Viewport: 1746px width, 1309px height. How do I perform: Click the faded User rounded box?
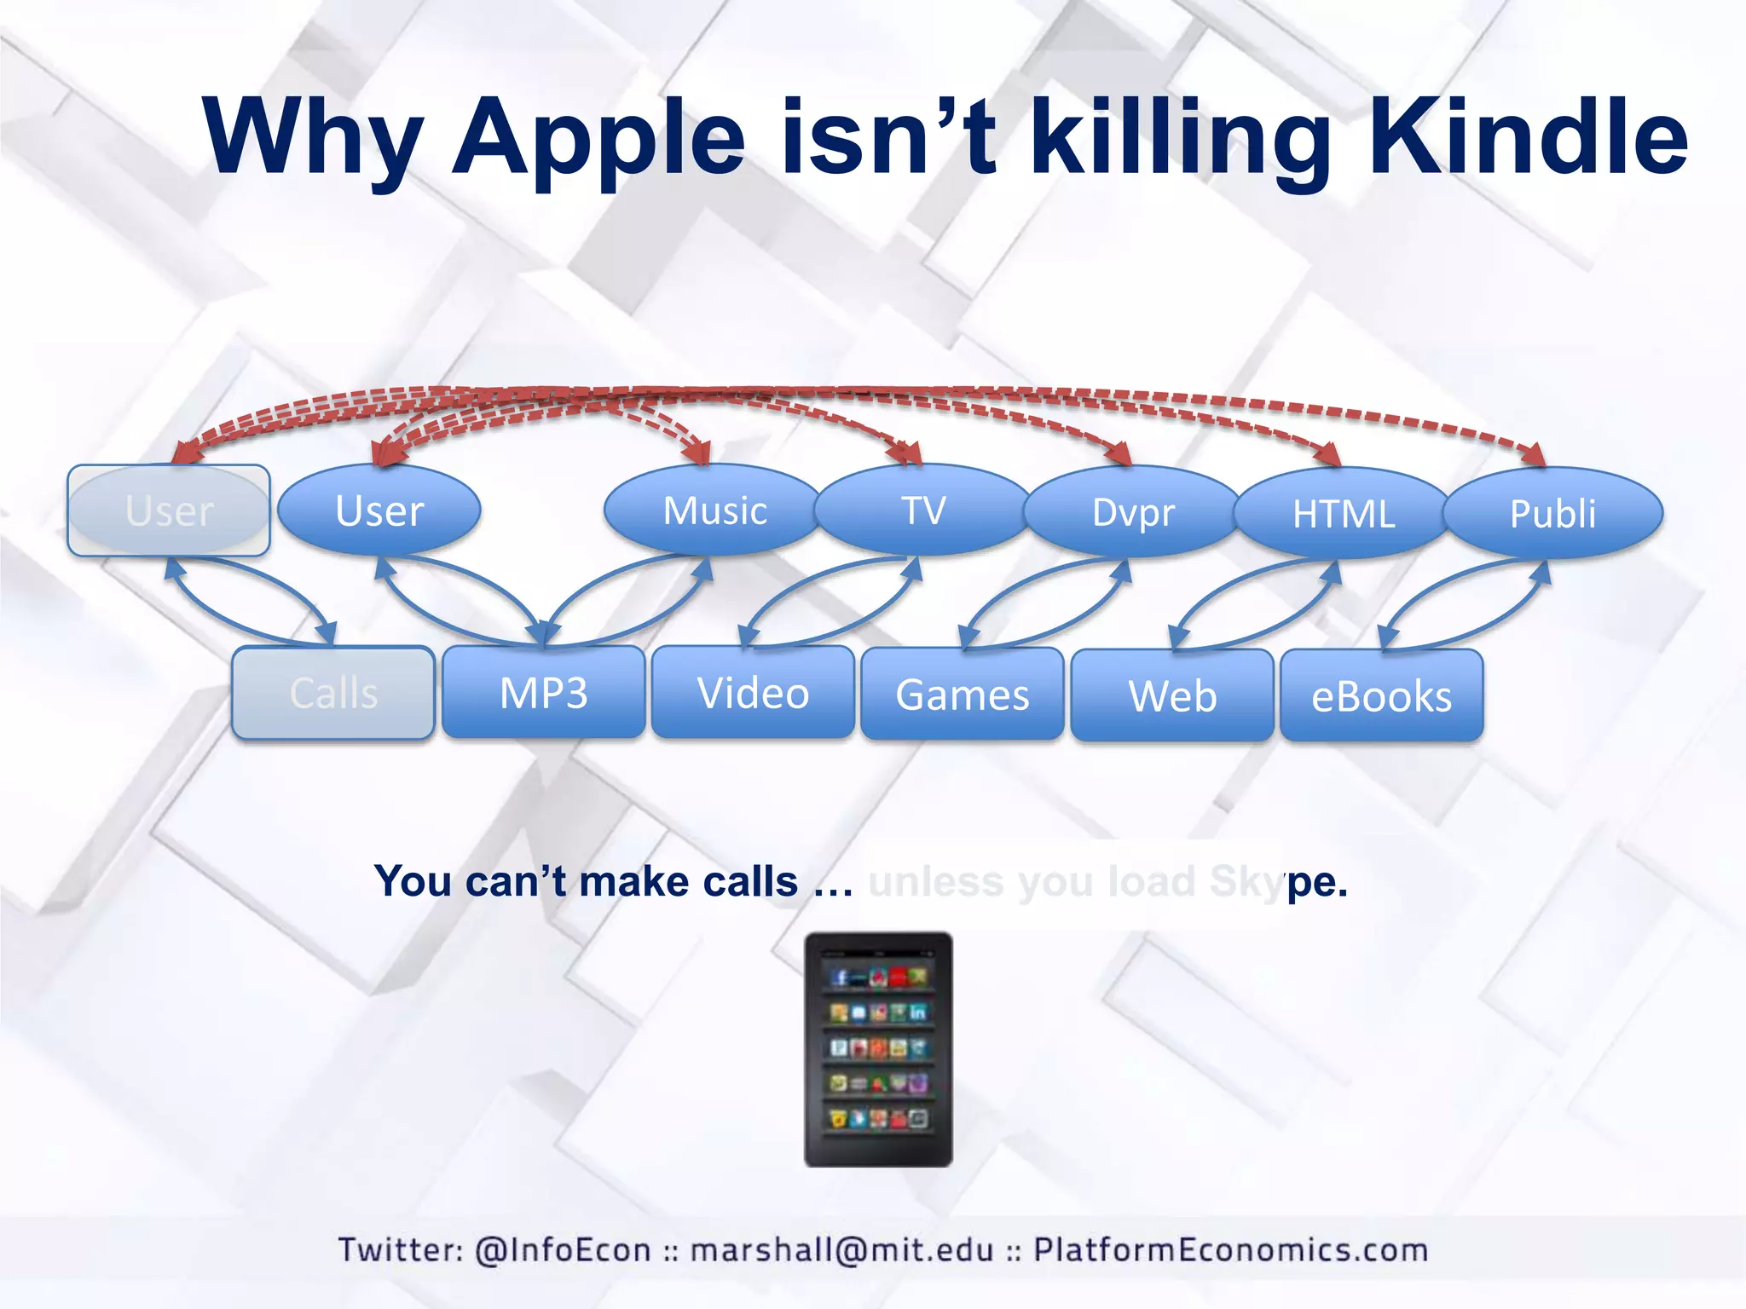pyautogui.click(x=169, y=510)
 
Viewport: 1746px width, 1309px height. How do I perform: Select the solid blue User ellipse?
pyautogui.click(x=379, y=510)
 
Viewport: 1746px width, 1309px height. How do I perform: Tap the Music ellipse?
pyautogui.click(x=714, y=510)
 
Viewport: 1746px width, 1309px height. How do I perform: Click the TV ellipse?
pyautogui.click(x=923, y=510)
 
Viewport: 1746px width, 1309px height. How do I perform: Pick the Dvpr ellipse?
pyautogui.click(x=1133, y=512)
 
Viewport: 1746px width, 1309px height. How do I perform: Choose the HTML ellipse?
pyautogui.click(x=1343, y=513)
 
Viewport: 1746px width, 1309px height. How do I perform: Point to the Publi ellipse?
pyautogui.click(x=1552, y=513)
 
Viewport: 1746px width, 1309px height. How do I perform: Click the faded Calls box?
pyautogui.click(x=333, y=692)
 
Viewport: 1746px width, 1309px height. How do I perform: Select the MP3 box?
pyautogui.click(x=543, y=692)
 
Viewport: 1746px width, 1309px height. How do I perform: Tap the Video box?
pyautogui.click(x=753, y=692)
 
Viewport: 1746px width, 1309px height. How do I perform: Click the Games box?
pyautogui.click(x=963, y=694)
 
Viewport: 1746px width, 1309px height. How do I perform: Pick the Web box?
pyautogui.click(x=1172, y=695)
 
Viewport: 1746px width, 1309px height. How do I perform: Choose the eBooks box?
pyautogui.click(x=1381, y=695)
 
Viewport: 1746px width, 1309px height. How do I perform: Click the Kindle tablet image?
pyautogui.click(x=878, y=1049)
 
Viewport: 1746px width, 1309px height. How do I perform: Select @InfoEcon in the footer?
pyautogui.click(x=563, y=1250)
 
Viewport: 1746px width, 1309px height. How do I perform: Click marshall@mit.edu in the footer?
pyautogui.click(x=841, y=1250)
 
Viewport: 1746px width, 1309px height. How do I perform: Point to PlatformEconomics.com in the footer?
pyautogui.click(x=1230, y=1250)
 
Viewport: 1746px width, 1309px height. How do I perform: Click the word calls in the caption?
pyautogui.click(x=750, y=881)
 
